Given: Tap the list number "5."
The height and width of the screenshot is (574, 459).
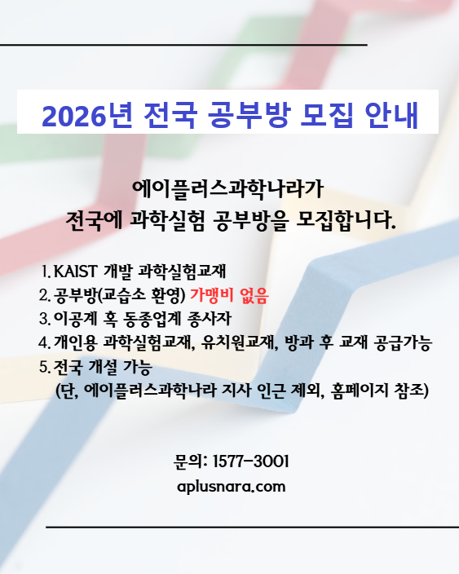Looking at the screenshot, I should (44, 366).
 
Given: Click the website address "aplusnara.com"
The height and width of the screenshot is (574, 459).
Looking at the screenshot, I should (231, 487).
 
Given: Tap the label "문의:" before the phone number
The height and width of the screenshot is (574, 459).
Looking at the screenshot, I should (190, 462).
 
